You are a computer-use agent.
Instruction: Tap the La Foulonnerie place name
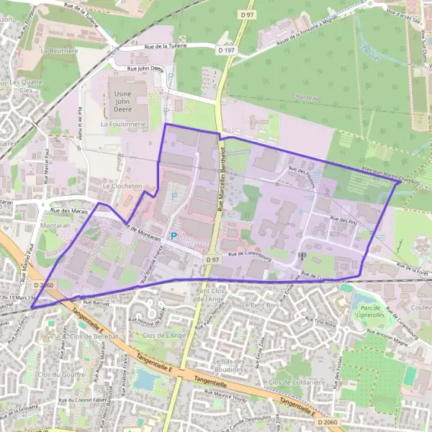(x=124, y=124)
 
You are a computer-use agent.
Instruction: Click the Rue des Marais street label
(x=69, y=210)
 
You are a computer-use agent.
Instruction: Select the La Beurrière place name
(x=58, y=52)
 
